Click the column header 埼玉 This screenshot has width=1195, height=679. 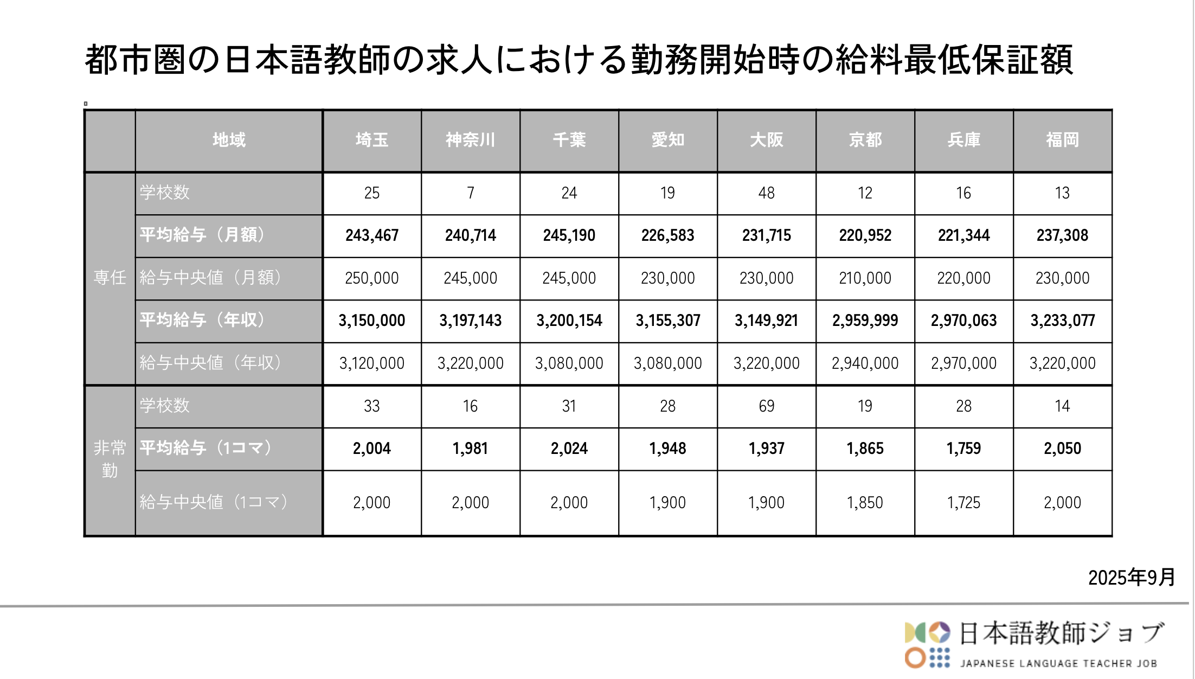coord(372,140)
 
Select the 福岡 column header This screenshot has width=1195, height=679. coord(1062,140)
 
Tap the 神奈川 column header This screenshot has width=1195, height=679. coord(470,140)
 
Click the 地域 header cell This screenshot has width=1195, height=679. coord(229,140)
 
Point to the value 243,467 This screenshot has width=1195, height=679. coord(372,235)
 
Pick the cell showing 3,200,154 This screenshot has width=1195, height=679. coord(569,321)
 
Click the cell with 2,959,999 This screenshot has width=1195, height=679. coord(865,321)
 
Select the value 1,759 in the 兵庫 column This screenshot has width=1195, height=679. coord(963,449)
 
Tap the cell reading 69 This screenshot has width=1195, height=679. coord(766,406)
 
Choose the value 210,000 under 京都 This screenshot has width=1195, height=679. coord(865,278)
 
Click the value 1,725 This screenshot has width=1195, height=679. coord(963,503)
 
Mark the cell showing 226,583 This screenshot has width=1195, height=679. coord(667,235)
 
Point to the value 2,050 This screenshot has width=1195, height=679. coord(1062,449)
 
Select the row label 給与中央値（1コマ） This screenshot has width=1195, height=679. coord(213,502)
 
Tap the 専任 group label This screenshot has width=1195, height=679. coord(110,278)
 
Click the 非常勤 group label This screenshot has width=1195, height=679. coord(110,459)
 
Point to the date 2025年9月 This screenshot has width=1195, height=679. coord(1131,578)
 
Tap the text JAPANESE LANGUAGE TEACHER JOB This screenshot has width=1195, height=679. coord(1058,663)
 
